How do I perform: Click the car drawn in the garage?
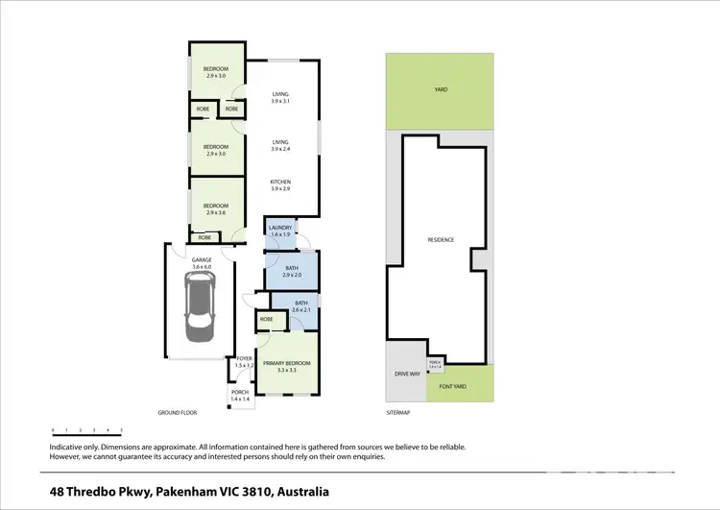199,307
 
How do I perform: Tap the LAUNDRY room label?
279,231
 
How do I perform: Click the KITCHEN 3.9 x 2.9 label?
280,185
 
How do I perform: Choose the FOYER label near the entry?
243,362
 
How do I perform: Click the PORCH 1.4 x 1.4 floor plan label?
238,394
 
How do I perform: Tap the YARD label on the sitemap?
441,89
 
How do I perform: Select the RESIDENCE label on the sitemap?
441,239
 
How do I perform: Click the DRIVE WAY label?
408,374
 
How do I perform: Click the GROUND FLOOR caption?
178,413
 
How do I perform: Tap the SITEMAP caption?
398,413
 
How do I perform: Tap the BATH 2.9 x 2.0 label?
292,272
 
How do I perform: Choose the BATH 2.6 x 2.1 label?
301,307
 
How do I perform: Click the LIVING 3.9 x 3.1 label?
280,97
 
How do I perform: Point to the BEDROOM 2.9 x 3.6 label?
215,208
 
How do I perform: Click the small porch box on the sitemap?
435,364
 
